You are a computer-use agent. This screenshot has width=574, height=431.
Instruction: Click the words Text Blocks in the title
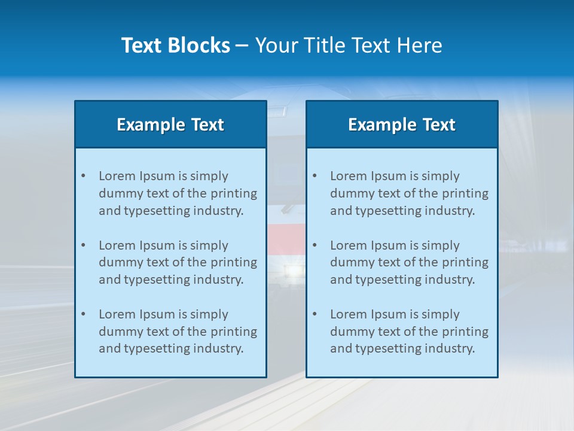click(175, 45)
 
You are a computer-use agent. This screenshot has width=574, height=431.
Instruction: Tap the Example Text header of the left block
click(170, 125)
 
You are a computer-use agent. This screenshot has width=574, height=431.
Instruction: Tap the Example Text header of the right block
click(402, 125)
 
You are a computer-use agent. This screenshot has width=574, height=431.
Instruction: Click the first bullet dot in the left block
click(83, 176)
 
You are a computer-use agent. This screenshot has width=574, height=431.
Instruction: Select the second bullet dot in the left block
click(83, 245)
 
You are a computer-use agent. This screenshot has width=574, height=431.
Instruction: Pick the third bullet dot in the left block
click(83, 314)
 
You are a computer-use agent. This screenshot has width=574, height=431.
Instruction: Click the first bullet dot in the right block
click(315, 176)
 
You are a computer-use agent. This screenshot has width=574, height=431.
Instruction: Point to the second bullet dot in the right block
click(315, 245)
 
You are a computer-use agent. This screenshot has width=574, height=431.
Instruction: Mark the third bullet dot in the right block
click(315, 314)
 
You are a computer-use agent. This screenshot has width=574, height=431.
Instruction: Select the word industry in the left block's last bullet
click(219, 348)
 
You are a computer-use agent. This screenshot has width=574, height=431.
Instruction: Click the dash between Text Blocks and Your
click(242, 45)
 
